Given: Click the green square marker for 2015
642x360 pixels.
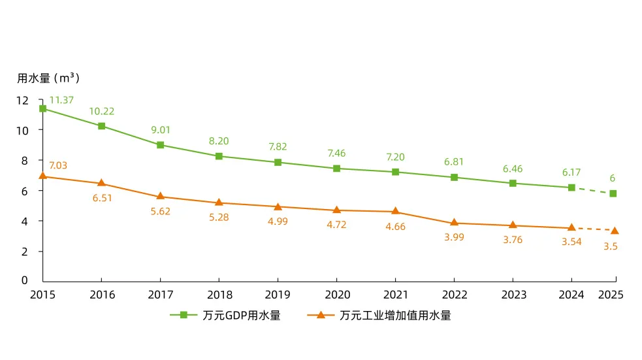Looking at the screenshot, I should (42, 108).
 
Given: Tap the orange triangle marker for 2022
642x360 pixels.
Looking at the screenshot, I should (454, 223).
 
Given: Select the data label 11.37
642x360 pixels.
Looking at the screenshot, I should (61, 100).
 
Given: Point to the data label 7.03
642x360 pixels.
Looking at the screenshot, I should (58, 165).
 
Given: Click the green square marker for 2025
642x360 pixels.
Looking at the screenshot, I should (613, 193).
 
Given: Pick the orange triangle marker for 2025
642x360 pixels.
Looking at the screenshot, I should (614, 230).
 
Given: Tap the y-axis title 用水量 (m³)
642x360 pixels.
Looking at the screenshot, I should (48, 78).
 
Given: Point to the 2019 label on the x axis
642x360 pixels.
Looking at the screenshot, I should (278, 295).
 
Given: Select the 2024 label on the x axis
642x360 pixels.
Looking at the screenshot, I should (571, 295).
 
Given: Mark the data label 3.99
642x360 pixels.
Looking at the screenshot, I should (454, 237).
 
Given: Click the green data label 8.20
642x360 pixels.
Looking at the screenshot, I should (219, 140).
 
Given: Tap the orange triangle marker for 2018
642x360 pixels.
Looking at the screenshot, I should (219, 203).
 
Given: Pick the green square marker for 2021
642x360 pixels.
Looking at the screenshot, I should (395, 172).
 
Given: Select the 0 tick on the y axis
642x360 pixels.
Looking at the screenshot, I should (25, 280).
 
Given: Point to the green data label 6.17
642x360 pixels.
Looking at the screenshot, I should (571, 172).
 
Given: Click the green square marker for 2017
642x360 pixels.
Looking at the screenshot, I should (160, 145).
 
